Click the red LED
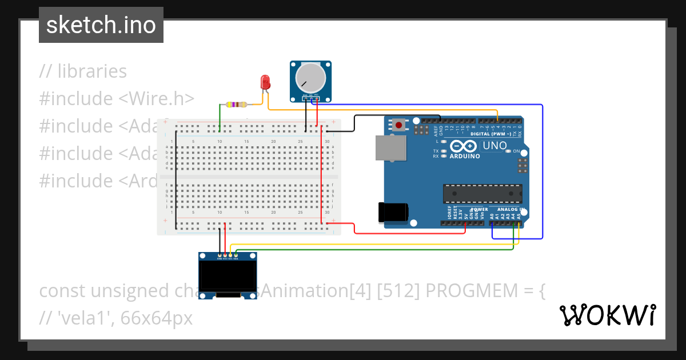point(265,82)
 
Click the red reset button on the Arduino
point(398,124)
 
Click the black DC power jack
point(393,212)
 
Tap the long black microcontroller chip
point(482,194)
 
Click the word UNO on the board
point(494,146)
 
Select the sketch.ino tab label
point(101,25)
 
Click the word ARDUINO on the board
point(464,156)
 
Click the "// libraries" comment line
point(83,71)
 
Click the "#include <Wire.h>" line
point(117,99)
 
